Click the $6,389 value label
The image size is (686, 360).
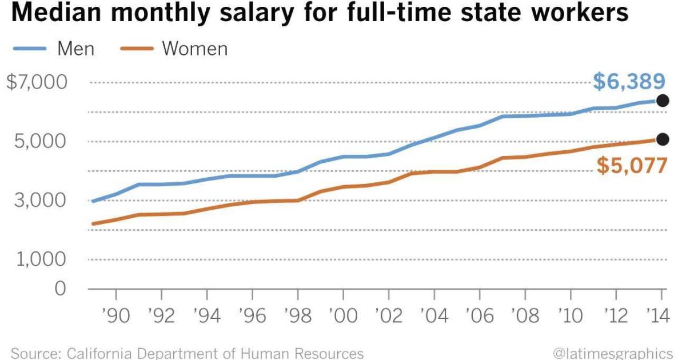[x=629, y=82]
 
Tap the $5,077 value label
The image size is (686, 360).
[x=632, y=166]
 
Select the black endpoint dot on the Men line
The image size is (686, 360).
[x=663, y=101]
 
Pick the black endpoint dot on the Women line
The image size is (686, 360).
[x=663, y=139]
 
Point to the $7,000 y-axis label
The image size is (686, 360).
[x=37, y=82]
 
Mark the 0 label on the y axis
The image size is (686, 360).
[x=61, y=288]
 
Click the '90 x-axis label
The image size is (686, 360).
[x=116, y=315]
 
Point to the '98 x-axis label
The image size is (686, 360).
[x=297, y=315]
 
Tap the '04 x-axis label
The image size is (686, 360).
[x=433, y=315]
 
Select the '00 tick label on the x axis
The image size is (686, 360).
[x=342, y=315]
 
